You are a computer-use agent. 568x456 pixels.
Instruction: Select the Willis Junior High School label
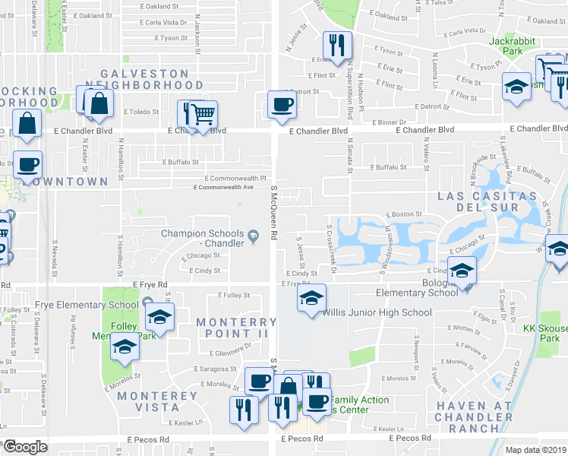377,312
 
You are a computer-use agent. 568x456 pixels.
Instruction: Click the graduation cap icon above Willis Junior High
311,299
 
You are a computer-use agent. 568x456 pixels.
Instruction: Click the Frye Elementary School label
86,306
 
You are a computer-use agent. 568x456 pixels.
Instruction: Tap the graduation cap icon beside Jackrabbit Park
516,87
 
